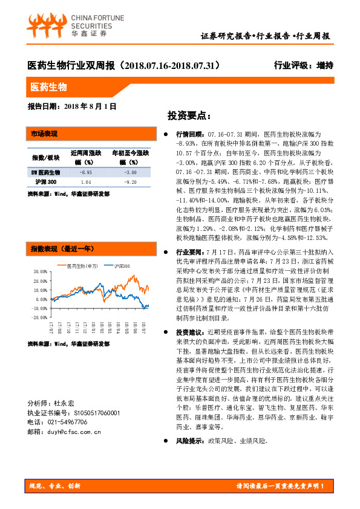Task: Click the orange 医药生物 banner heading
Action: click(50, 87)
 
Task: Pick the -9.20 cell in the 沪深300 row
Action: click(131, 181)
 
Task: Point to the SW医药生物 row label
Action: click(46, 172)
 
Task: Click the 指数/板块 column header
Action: click(45, 158)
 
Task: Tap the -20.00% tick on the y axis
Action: click(39, 324)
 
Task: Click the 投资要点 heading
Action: click(189, 115)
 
